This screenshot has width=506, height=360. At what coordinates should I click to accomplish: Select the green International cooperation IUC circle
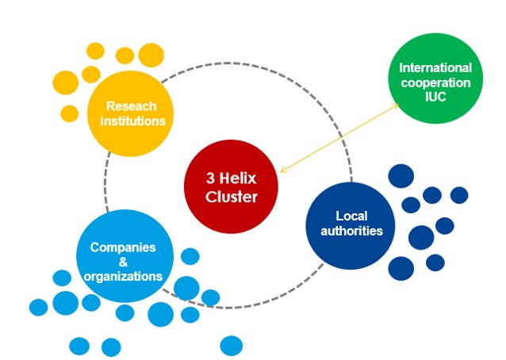pyautogui.click(x=435, y=82)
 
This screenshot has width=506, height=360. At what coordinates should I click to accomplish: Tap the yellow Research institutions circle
pyautogui.click(x=132, y=113)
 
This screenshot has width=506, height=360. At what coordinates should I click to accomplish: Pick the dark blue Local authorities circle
pyautogui.click(x=350, y=225)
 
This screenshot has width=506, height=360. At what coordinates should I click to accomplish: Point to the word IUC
pyautogui.click(x=436, y=96)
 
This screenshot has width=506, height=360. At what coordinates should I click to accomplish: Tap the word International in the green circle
pyautogui.click(x=435, y=68)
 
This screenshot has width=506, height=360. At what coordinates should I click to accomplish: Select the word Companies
pyautogui.click(x=123, y=247)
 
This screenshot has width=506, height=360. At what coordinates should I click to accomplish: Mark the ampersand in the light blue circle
pyautogui.click(x=122, y=262)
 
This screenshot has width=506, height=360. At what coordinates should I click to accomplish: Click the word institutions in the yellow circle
pyautogui.click(x=132, y=121)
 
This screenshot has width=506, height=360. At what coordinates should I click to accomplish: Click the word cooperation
pyautogui.click(x=435, y=82)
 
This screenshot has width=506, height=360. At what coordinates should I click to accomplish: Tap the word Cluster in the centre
pyautogui.click(x=232, y=197)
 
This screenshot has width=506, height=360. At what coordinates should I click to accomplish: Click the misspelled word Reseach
pyautogui.click(x=132, y=106)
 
